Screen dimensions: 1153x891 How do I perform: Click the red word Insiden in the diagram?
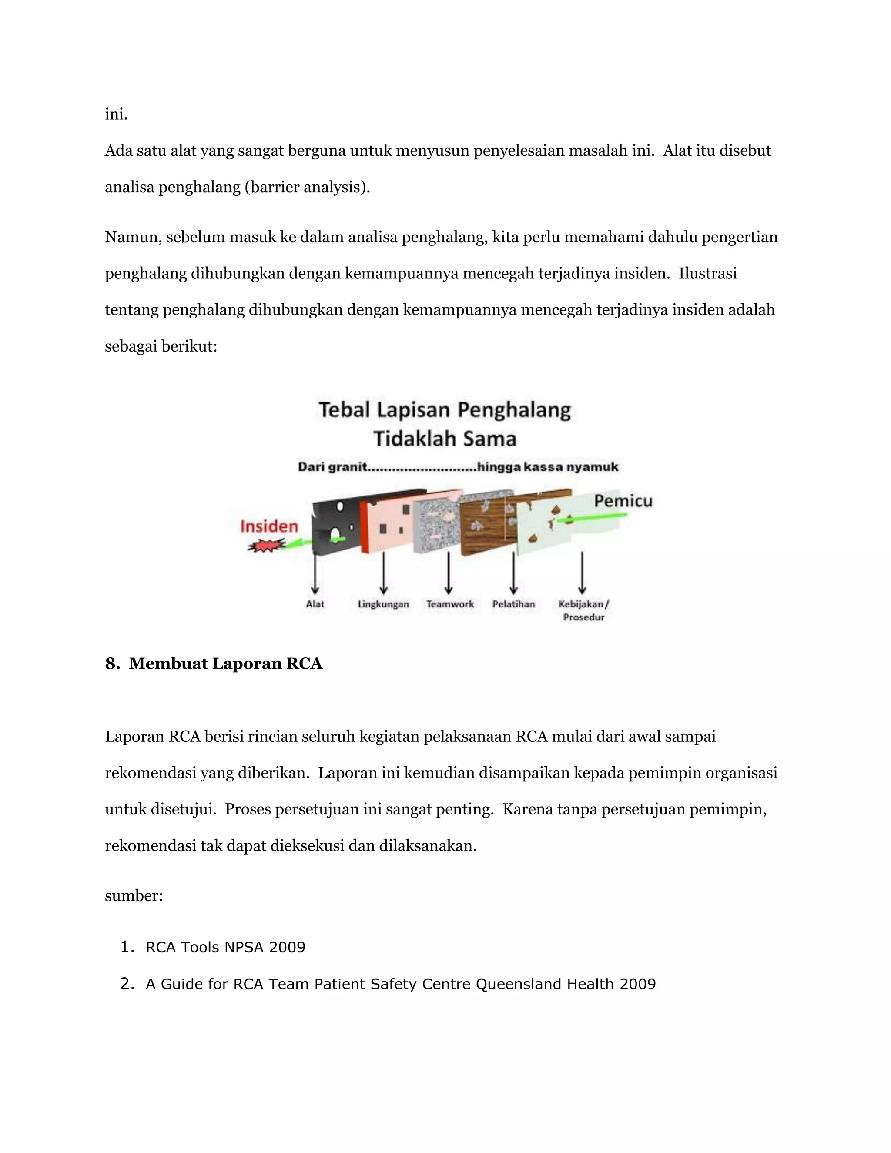[x=269, y=526]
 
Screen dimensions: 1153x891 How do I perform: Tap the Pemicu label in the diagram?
[x=623, y=500]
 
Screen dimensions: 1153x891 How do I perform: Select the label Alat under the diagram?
[x=315, y=604]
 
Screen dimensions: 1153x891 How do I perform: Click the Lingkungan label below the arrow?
[x=383, y=604]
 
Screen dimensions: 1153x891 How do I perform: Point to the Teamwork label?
[x=450, y=604]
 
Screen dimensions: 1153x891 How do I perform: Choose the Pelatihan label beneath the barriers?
[x=514, y=604]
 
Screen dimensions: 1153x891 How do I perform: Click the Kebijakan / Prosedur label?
[x=583, y=610]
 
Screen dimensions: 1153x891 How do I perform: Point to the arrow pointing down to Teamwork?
[x=448, y=573]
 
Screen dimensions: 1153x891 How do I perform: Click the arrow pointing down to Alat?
[x=315, y=573]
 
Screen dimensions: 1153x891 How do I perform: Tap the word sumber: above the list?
[x=134, y=896]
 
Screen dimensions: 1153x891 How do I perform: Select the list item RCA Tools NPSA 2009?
[x=225, y=947]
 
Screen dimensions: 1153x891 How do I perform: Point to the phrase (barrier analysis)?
[x=307, y=188]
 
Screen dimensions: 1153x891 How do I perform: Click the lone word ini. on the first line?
[x=116, y=114]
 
